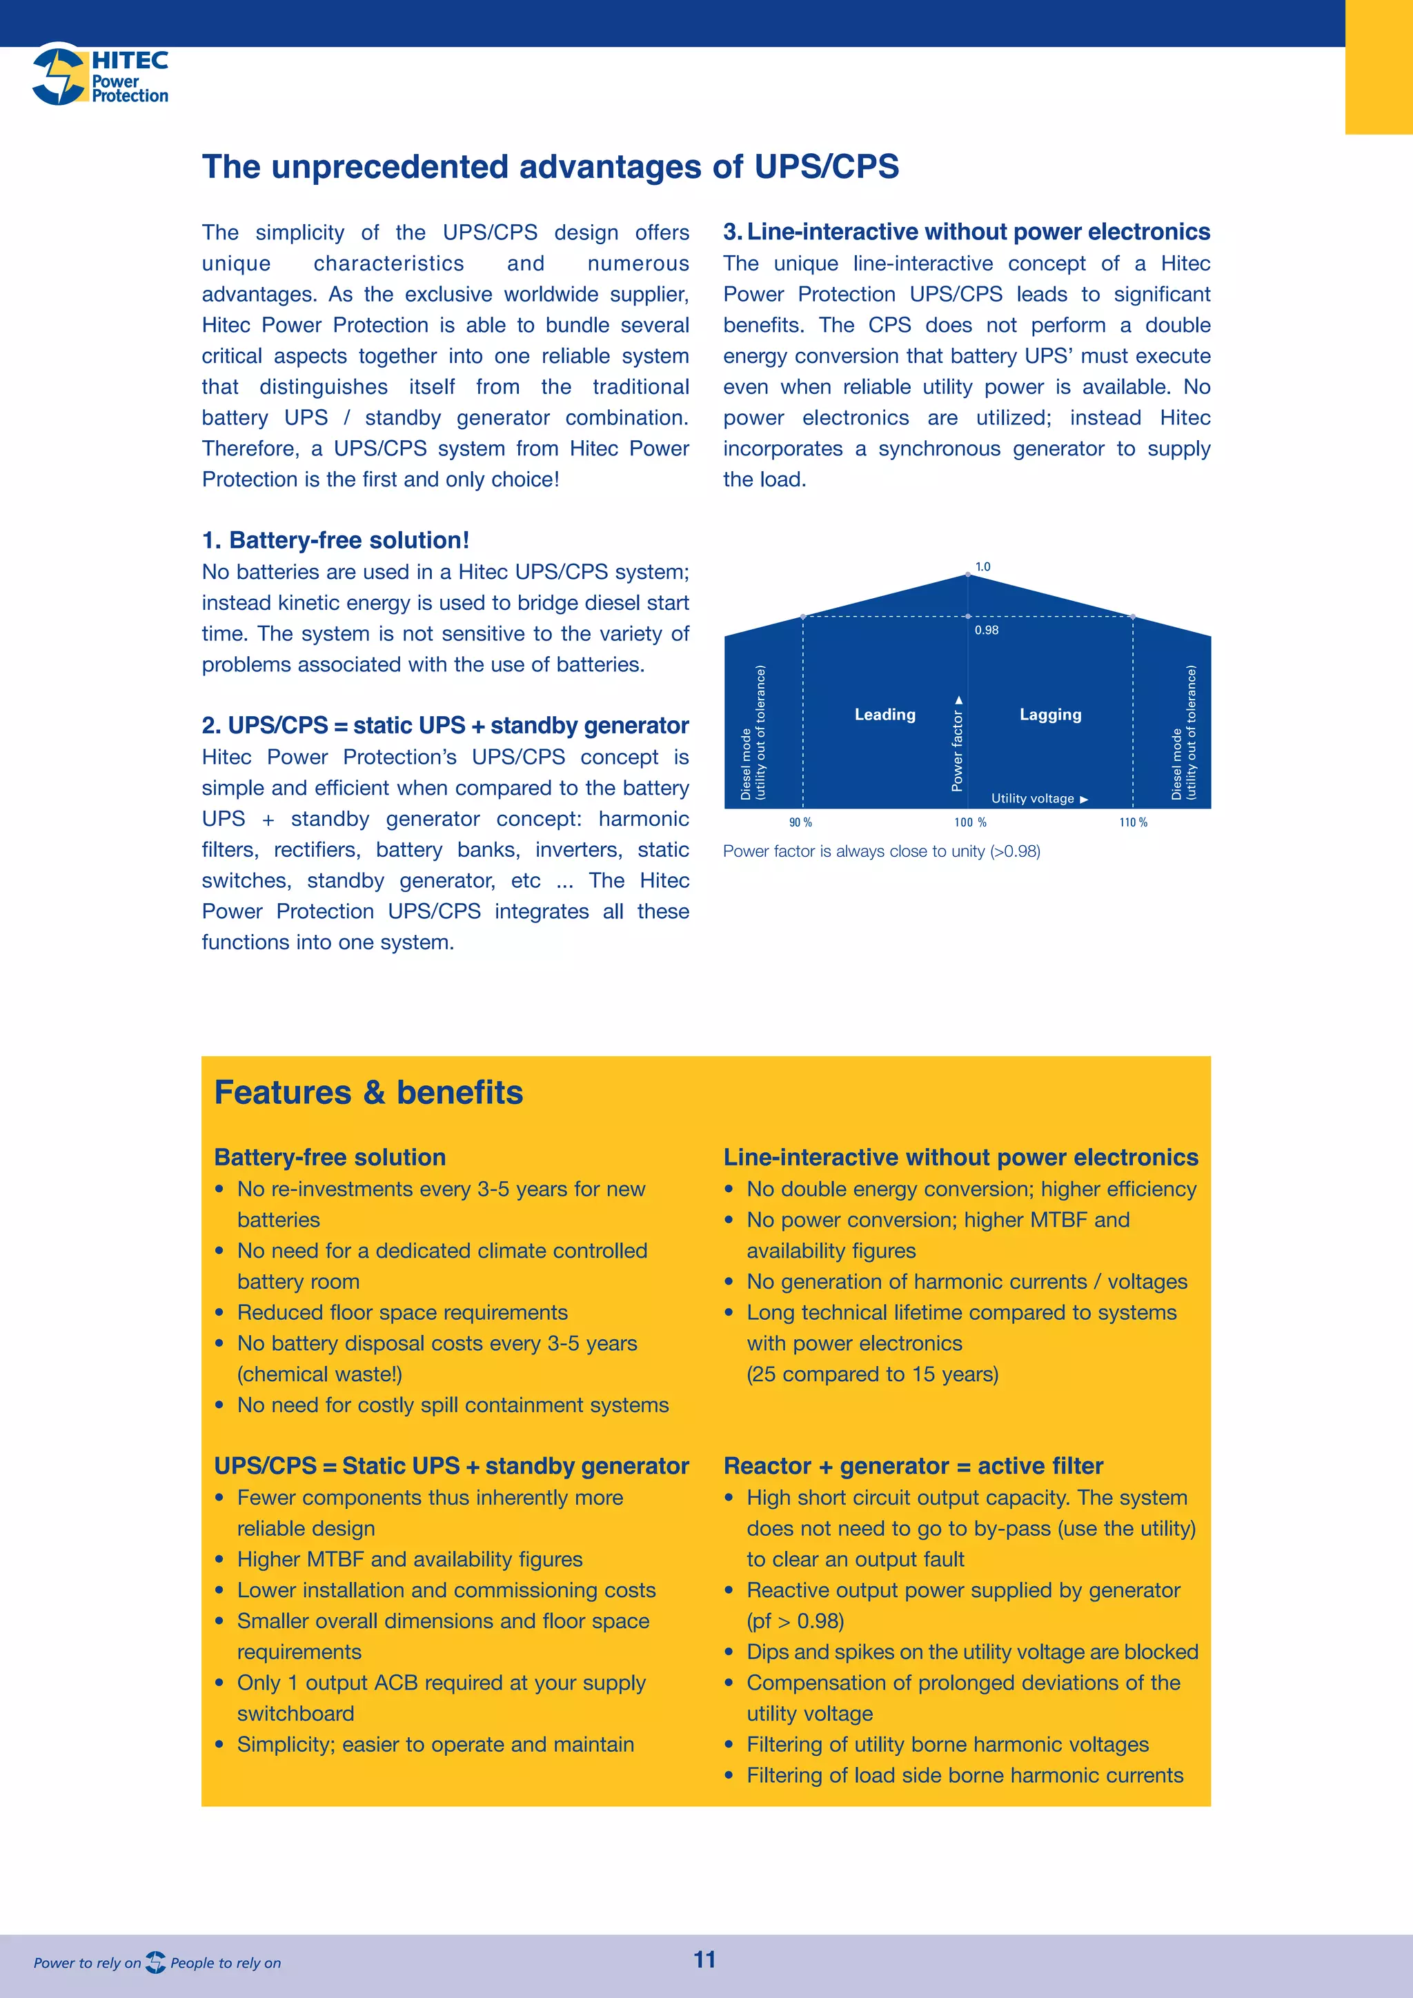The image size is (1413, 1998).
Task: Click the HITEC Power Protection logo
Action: coord(100,76)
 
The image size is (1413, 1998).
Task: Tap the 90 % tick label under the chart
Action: coord(800,822)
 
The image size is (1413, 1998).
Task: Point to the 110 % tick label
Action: coord(1133,822)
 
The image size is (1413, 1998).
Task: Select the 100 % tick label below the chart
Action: coord(970,822)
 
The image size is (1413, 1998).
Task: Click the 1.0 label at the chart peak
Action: coord(982,566)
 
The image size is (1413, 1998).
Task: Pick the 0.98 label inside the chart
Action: coord(987,630)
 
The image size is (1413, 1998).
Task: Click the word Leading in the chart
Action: coord(885,715)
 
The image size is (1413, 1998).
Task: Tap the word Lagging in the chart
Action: coord(1050,715)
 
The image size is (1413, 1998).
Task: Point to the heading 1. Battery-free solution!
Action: coord(336,540)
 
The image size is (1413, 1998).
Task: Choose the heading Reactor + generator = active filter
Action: coord(913,1465)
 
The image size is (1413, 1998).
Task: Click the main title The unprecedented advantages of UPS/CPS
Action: coord(550,166)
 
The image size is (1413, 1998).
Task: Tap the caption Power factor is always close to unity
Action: coord(881,851)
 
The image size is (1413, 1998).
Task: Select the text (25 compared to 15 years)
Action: coord(872,1374)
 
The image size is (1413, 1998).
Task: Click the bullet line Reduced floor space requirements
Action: coord(402,1312)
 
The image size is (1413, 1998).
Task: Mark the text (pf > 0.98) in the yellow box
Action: coord(794,1621)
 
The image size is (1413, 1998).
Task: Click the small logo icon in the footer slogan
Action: coord(156,1962)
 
